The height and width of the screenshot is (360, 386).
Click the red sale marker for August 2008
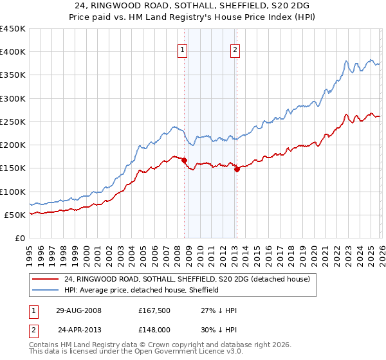pos(185,161)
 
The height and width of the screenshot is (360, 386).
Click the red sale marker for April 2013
pos(237,170)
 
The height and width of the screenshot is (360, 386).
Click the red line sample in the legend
pos(46,279)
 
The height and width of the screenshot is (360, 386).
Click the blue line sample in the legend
pos(46,290)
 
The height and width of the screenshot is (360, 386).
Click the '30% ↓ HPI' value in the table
pos(219,330)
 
